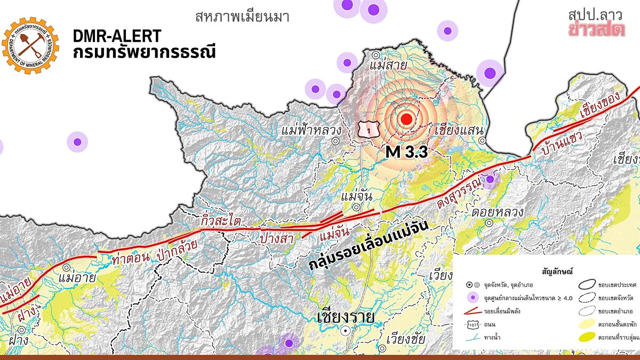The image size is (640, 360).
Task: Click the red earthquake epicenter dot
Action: click(x=407, y=119)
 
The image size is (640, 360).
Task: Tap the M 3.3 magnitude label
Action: click(x=407, y=152)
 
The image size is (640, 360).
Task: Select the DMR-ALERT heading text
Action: click(x=117, y=36)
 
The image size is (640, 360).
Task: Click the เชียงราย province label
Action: click(x=345, y=318)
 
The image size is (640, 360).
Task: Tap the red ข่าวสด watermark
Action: click(x=596, y=30)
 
